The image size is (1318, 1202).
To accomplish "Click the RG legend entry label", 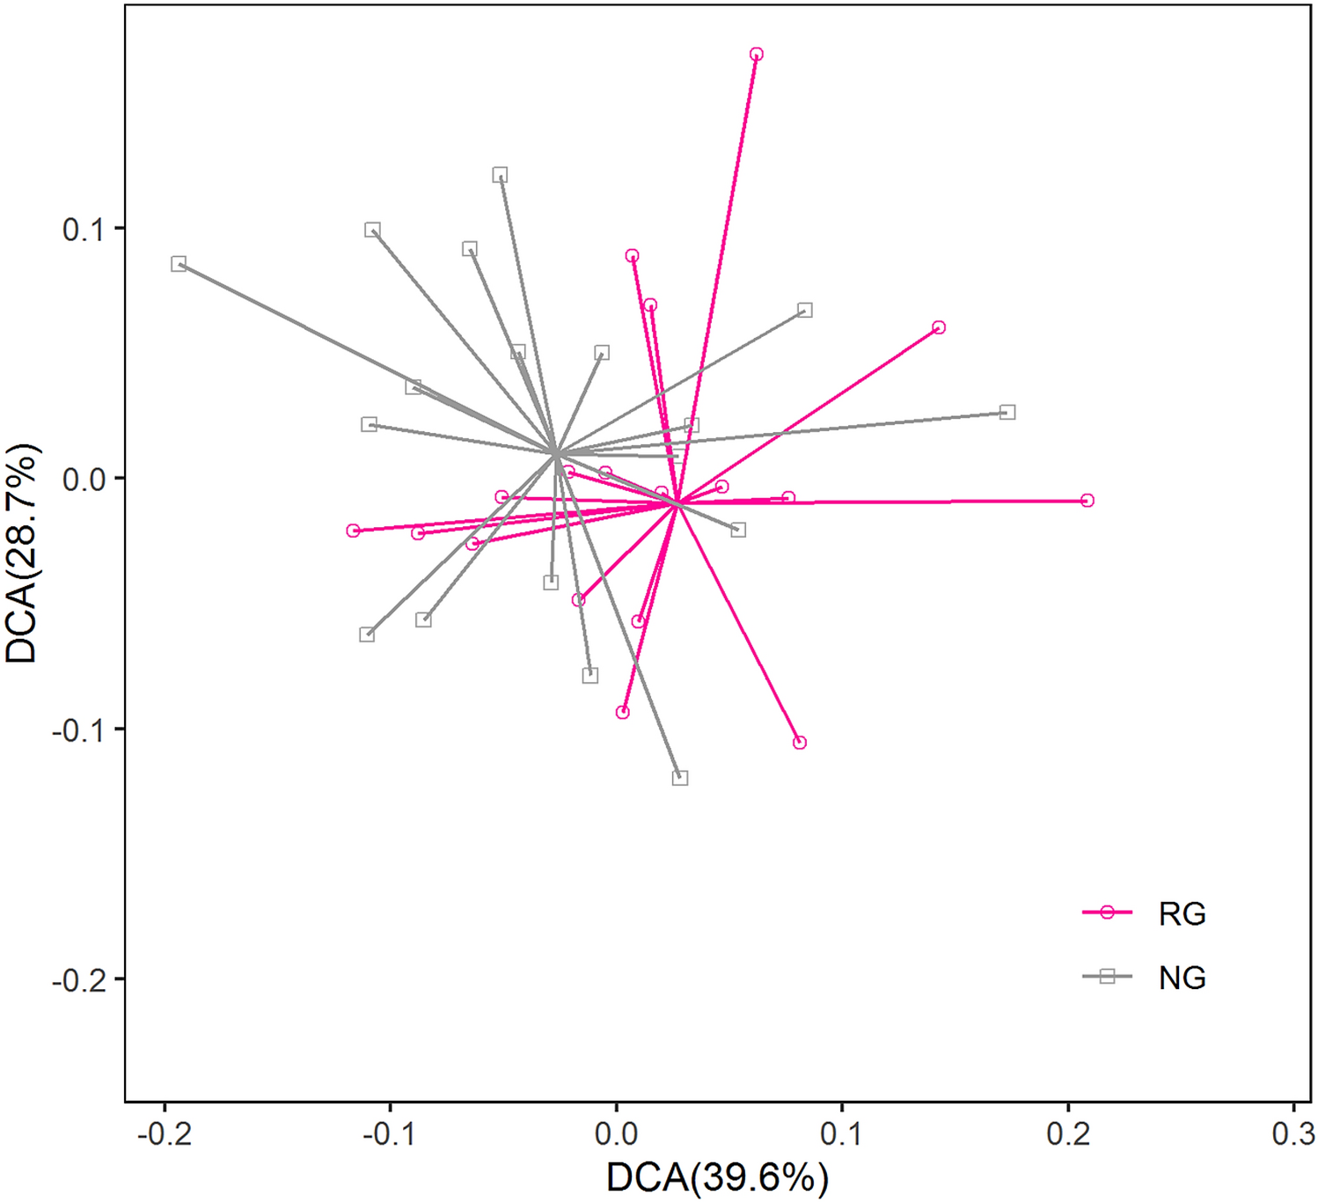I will [x=1182, y=914].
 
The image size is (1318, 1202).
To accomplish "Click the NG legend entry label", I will [x=1182, y=978].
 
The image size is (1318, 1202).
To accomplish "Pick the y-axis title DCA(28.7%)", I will [x=22, y=553].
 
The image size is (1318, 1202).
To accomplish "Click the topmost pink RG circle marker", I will [x=756, y=55].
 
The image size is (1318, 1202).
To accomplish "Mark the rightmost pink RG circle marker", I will [x=1087, y=501].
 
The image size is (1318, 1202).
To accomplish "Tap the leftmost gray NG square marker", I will [x=179, y=264].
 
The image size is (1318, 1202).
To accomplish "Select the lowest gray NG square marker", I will [x=680, y=778].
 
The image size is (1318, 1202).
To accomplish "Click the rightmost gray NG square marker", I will [x=1008, y=413].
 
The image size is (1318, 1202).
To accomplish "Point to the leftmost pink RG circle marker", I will [x=354, y=531].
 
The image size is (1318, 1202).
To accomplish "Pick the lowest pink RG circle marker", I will [x=799, y=743].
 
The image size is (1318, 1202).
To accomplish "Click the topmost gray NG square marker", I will [x=500, y=175].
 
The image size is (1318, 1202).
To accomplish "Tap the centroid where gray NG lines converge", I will [x=555, y=453].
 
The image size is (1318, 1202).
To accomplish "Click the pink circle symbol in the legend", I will [x=1107, y=912].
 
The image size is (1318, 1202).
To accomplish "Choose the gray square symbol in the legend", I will [x=1107, y=976].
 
